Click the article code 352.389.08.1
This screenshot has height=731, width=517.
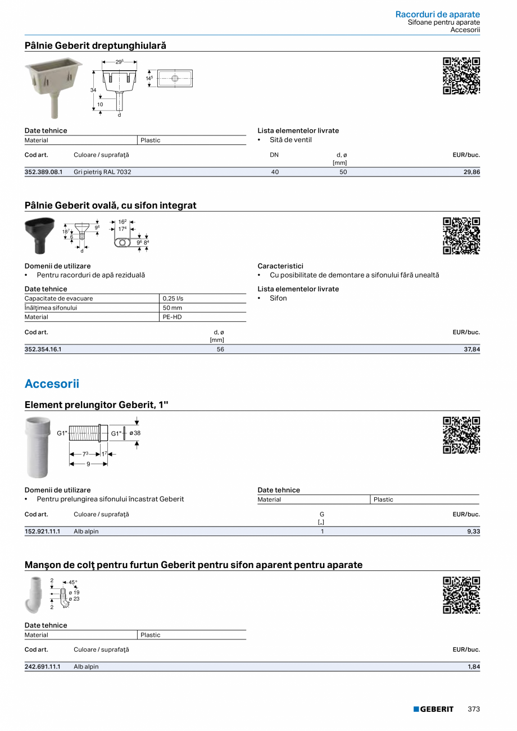click(x=43, y=172)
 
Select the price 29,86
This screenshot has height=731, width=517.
click(x=471, y=172)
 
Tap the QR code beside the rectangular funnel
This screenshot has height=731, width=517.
click(x=461, y=76)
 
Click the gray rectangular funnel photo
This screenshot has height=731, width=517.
click(x=53, y=85)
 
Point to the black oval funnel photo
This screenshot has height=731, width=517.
click(x=39, y=235)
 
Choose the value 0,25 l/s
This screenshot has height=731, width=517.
click(x=173, y=298)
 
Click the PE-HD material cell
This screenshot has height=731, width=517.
click(x=172, y=317)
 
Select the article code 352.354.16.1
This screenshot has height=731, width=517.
click(x=43, y=349)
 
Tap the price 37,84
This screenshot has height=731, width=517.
click(x=471, y=349)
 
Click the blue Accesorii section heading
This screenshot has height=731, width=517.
click(x=52, y=384)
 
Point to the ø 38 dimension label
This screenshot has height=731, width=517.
click(x=135, y=433)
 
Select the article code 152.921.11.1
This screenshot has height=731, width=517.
click(x=43, y=531)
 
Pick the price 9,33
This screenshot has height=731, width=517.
click(x=473, y=531)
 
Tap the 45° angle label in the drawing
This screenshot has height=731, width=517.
click(x=72, y=583)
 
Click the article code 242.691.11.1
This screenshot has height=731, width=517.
click(x=43, y=666)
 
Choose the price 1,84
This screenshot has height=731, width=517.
click(x=473, y=666)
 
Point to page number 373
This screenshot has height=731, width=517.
click(x=474, y=709)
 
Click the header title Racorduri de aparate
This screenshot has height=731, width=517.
click(x=437, y=14)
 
